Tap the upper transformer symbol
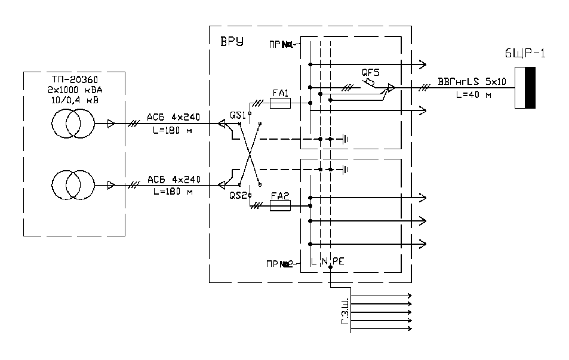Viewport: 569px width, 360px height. (x=73, y=124)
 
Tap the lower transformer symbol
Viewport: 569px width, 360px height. (x=73, y=184)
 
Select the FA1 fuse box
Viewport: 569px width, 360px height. (x=281, y=104)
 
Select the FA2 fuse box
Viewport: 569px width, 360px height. (x=281, y=206)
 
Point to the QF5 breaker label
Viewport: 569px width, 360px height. (x=371, y=72)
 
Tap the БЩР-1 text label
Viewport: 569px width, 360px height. (x=523, y=55)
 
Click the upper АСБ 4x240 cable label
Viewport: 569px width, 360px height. (x=173, y=116)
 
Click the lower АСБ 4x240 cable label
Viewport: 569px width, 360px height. (x=173, y=179)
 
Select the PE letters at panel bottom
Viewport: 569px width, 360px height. (x=337, y=261)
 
